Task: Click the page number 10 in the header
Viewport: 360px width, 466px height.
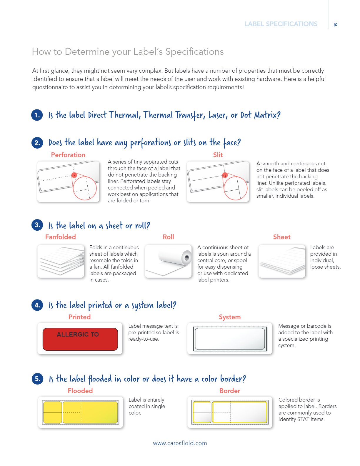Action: (335, 24)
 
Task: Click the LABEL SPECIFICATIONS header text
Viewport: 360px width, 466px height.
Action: (281, 24)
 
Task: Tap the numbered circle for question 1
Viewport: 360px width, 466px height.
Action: (37, 115)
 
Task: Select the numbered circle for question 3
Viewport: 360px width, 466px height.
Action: (37, 225)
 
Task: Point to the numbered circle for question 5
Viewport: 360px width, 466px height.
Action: (38, 379)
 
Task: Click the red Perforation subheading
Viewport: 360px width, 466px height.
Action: (68, 155)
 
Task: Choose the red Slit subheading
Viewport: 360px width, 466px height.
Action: (218, 155)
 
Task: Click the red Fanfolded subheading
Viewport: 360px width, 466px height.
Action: (61, 237)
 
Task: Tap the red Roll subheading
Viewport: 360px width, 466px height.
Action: (168, 237)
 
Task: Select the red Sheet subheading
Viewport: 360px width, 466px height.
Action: (282, 237)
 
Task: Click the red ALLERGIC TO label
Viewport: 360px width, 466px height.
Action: (80, 339)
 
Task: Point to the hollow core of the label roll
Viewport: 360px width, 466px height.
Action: (187, 257)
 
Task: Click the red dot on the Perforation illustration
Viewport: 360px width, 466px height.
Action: (74, 175)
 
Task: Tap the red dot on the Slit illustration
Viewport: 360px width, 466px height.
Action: (225, 175)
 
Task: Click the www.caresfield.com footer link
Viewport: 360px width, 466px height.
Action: (180, 443)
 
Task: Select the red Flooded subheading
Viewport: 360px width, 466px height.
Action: (80, 391)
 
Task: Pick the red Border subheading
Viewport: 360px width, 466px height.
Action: (230, 391)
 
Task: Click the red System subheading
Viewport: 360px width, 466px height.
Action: (230, 317)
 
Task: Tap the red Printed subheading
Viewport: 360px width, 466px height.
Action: (79, 317)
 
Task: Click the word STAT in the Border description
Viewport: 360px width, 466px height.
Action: (304, 419)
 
